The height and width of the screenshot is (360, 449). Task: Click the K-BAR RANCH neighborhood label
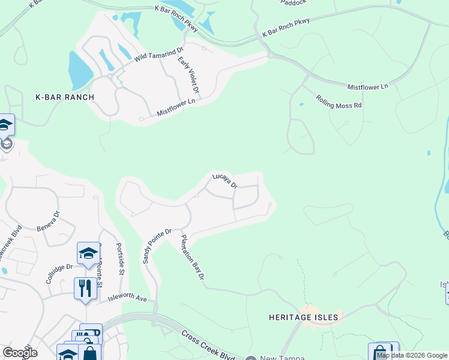pyautogui.click(x=65, y=97)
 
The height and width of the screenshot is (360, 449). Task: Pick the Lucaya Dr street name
pyautogui.click(x=225, y=181)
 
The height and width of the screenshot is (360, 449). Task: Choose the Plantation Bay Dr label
pyautogui.click(x=193, y=257)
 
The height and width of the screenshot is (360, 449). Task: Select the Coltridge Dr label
pyautogui.click(x=59, y=274)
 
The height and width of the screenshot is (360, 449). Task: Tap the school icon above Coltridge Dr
pyautogui.click(x=88, y=253)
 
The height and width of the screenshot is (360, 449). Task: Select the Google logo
pyautogui.click(x=19, y=353)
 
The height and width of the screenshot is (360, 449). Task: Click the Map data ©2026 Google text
pyautogui.click(x=412, y=355)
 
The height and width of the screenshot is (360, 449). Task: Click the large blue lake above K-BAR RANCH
pyautogui.click(x=79, y=70)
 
